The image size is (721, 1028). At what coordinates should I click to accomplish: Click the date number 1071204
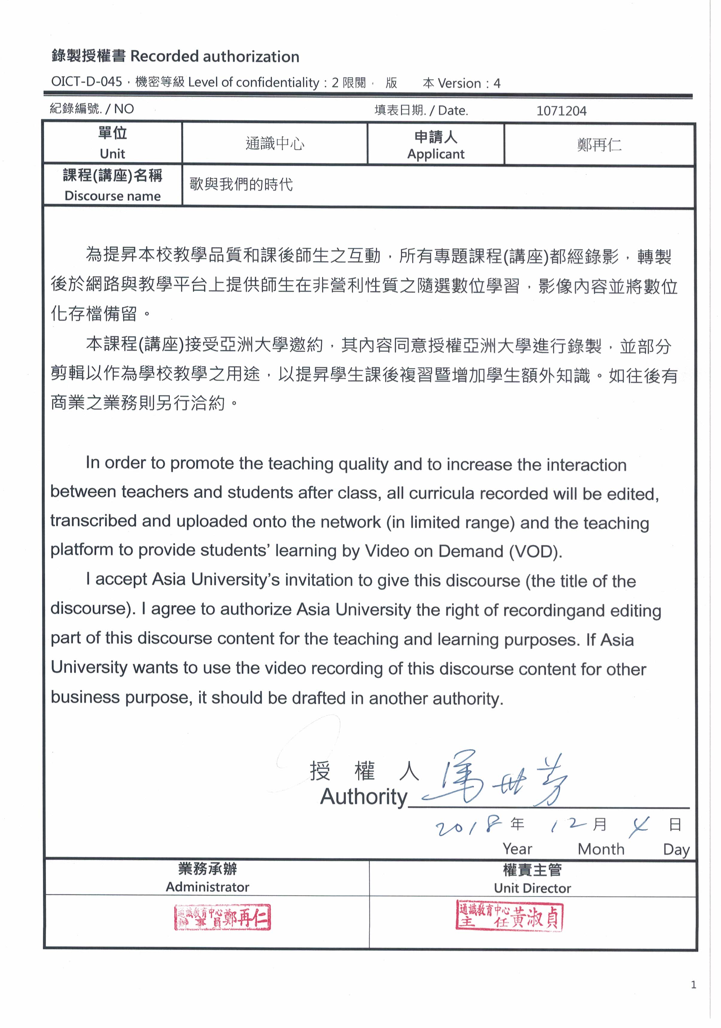click(x=561, y=111)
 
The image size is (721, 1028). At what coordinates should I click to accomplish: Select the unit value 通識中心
click(x=275, y=143)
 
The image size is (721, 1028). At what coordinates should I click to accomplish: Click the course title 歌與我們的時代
click(x=241, y=184)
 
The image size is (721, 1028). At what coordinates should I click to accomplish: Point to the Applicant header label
click(x=435, y=153)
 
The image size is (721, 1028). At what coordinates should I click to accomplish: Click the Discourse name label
click(x=113, y=196)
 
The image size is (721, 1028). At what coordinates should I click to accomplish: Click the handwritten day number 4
click(x=639, y=826)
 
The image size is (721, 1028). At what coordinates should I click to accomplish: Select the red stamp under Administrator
click(x=222, y=917)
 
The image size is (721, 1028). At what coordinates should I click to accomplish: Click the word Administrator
click(x=207, y=887)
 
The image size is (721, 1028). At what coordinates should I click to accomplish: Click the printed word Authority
click(x=363, y=797)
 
